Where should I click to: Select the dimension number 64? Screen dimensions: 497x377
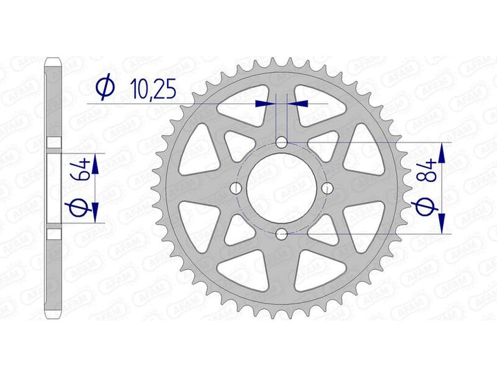(81, 172)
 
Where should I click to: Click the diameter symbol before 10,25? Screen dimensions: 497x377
(105, 86)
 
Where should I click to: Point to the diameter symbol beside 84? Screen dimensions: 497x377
(425, 207)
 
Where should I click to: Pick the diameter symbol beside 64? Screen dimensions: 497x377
(78, 208)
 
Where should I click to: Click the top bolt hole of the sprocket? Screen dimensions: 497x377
(282, 142)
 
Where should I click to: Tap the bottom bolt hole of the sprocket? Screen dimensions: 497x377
(282, 235)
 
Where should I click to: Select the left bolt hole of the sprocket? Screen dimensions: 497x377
(235, 188)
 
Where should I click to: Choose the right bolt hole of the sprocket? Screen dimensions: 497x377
(327, 188)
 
